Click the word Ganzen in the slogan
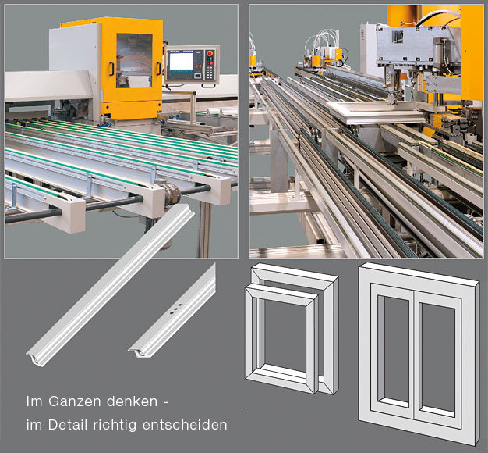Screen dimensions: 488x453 [x=75, y=401]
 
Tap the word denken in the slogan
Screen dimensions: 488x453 [x=132, y=401]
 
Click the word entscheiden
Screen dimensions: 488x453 [x=185, y=425]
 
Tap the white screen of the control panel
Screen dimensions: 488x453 [x=181, y=61]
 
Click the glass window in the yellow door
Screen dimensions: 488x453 [x=134, y=60]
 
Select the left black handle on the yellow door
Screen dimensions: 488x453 [x=111, y=69]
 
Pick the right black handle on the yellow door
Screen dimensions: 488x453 [x=159, y=69]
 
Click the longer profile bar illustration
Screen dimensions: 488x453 [x=111, y=285]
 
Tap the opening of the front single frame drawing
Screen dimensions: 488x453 [x=285, y=337]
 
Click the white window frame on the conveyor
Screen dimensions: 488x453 [x=376, y=112]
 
